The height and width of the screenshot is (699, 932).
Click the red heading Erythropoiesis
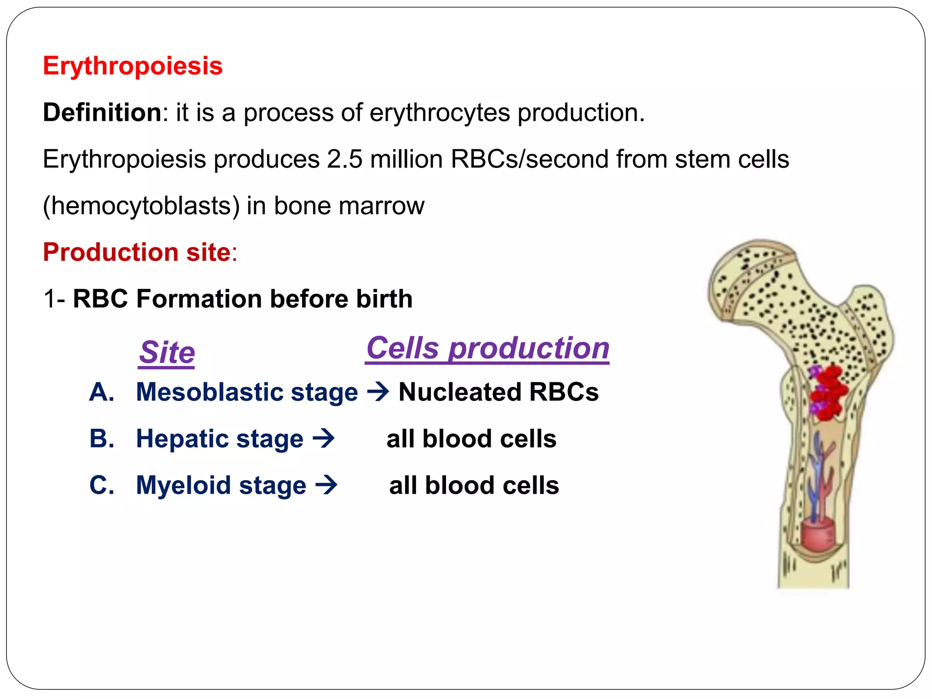[x=132, y=66]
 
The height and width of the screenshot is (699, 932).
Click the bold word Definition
[x=102, y=112]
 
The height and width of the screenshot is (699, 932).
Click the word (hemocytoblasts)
[x=141, y=206]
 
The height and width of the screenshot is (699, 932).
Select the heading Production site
[x=137, y=252]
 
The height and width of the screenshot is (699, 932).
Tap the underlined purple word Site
[x=167, y=353]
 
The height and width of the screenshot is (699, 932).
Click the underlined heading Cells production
[x=487, y=349]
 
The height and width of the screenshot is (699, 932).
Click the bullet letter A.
[x=101, y=392]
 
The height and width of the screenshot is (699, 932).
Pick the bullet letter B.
[x=101, y=439]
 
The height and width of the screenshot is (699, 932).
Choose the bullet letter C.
[x=101, y=486]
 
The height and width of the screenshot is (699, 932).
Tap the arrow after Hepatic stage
[x=324, y=439]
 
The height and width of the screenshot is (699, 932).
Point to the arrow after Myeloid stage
[x=326, y=485]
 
